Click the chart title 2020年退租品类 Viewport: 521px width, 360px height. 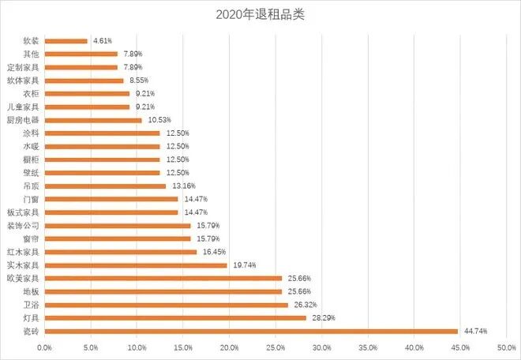tap(260, 15)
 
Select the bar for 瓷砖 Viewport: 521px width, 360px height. tap(251, 331)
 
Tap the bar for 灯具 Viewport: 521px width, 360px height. tap(175, 318)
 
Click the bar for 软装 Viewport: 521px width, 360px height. tap(66, 40)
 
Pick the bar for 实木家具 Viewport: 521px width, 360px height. tap(136, 265)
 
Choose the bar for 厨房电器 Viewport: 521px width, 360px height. tap(93, 120)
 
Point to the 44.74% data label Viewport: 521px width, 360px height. tap(475, 331)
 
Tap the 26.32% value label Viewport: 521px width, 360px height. tap(305, 305)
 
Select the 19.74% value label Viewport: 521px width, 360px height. tap(244, 265)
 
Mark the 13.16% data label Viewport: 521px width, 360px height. tap(183, 186)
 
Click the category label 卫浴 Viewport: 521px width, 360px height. tap(31, 305)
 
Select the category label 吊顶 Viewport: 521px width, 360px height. tap(31, 186)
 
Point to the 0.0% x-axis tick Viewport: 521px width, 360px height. tap(44, 347)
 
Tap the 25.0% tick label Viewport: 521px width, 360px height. tap(275, 347)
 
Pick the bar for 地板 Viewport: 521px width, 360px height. tap(163, 291)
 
